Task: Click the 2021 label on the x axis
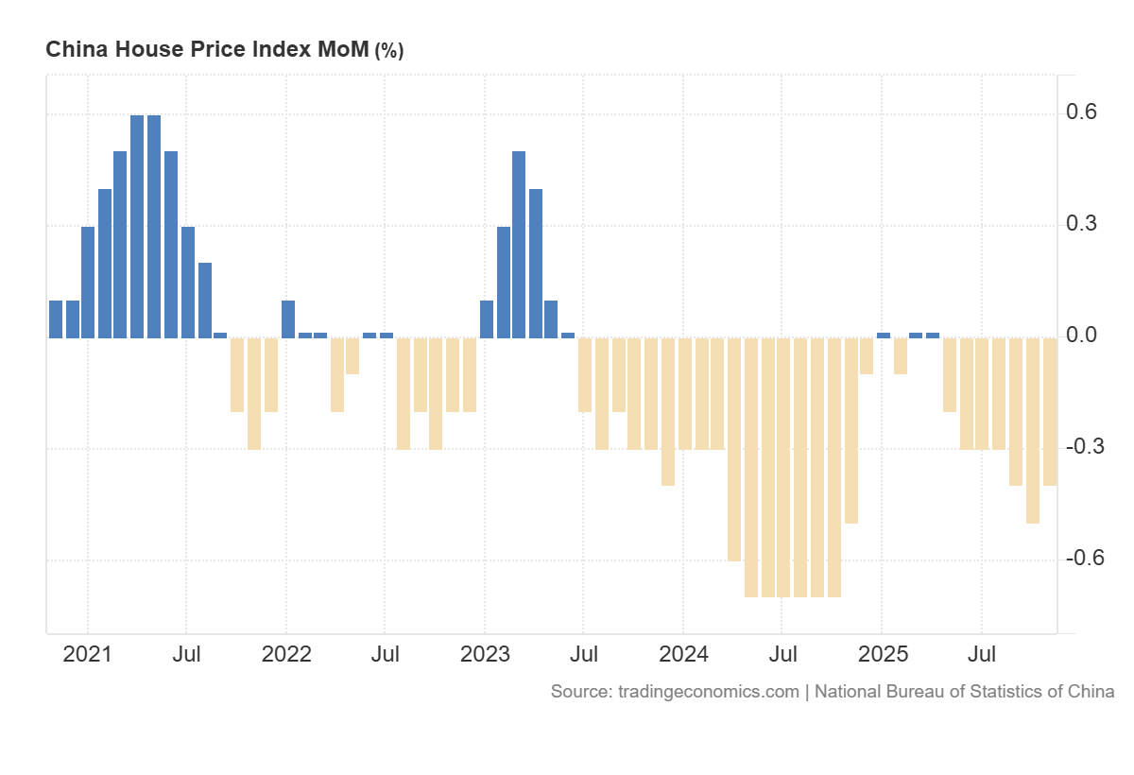pyautogui.click(x=87, y=654)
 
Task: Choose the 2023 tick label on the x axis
pyautogui.click(x=484, y=654)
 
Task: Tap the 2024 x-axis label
pyautogui.click(x=682, y=654)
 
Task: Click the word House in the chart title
pyautogui.click(x=147, y=50)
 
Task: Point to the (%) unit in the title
pyautogui.click(x=389, y=51)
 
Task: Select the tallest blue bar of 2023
pyautogui.click(x=519, y=244)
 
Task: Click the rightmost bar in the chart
pyautogui.click(x=1050, y=411)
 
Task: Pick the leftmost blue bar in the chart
pyautogui.click(x=56, y=319)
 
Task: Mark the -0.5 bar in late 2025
pyautogui.click(x=1033, y=430)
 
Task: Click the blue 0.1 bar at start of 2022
pyautogui.click(x=288, y=319)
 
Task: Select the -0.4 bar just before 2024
pyautogui.click(x=668, y=411)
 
